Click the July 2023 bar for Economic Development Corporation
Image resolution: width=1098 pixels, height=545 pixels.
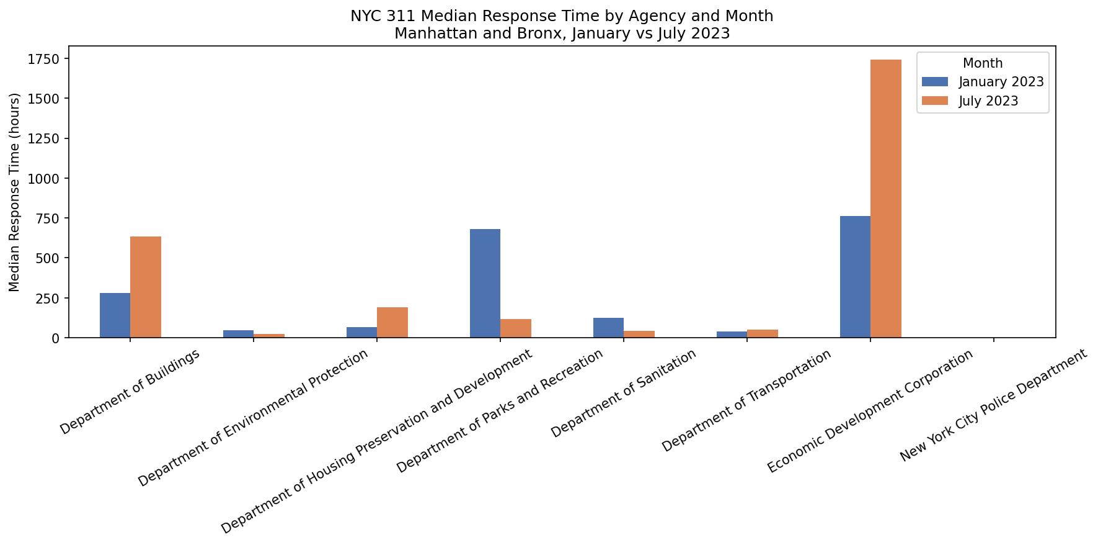point(885,199)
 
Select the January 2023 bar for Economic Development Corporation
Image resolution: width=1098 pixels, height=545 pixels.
point(855,277)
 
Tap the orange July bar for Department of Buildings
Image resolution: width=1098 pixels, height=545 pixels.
point(146,287)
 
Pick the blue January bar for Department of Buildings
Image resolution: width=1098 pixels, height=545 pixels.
point(115,315)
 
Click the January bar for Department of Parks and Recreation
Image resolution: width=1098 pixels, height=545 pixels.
point(485,283)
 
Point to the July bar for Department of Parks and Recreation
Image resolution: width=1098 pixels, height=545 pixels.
point(516,328)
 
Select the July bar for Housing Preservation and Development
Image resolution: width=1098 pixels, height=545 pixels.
point(392,322)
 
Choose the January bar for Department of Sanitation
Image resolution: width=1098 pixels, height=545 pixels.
point(608,328)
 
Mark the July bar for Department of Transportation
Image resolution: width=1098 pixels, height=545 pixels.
point(763,334)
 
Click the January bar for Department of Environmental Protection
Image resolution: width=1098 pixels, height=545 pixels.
point(238,334)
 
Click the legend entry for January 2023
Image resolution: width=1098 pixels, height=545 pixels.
point(1001,82)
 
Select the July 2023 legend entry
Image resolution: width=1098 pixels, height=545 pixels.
point(988,101)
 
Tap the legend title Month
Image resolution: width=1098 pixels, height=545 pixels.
point(983,63)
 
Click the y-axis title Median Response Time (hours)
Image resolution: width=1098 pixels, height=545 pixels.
point(15,192)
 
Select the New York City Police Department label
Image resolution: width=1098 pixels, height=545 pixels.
point(993,405)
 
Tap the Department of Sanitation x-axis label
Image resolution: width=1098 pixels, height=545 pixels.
point(624,393)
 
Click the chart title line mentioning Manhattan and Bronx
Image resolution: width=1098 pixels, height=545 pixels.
point(562,34)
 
